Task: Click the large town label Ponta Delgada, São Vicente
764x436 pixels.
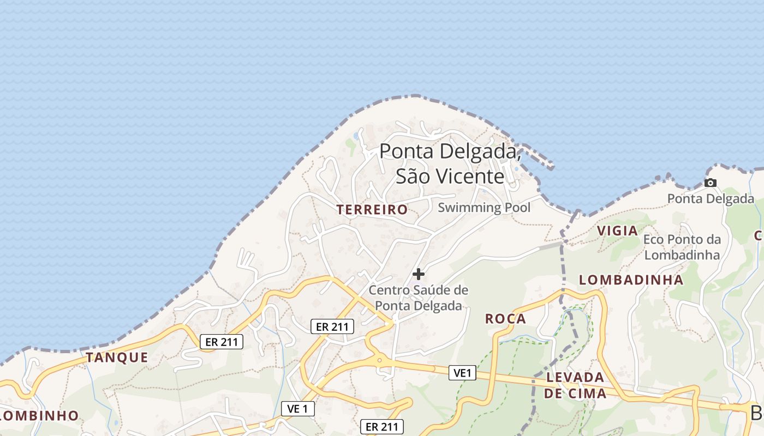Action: click(x=450, y=163)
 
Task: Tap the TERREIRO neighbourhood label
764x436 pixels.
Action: click(x=372, y=209)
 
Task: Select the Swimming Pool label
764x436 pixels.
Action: click(x=484, y=208)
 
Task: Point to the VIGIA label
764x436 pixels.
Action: click(x=617, y=231)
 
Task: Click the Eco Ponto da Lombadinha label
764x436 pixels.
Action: click(x=682, y=247)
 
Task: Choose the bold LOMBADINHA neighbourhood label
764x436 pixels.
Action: click(x=631, y=280)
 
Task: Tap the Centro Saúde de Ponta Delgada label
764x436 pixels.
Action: click(x=419, y=298)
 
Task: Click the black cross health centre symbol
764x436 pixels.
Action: click(x=419, y=274)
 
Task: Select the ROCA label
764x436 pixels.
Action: click(x=506, y=319)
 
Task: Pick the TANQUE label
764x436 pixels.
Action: click(x=117, y=358)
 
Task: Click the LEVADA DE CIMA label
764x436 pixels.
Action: click(x=575, y=385)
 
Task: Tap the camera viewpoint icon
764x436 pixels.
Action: click(x=710, y=183)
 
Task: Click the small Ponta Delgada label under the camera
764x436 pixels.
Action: click(x=711, y=199)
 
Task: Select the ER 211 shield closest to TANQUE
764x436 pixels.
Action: click(x=222, y=342)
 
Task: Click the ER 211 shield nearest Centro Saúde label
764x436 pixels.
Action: click(x=332, y=326)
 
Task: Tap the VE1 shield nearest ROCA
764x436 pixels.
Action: click(x=462, y=373)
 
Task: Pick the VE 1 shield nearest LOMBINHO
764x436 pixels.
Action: click(x=298, y=408)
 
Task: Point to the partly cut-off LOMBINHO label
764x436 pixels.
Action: click(x=39, y=415)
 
